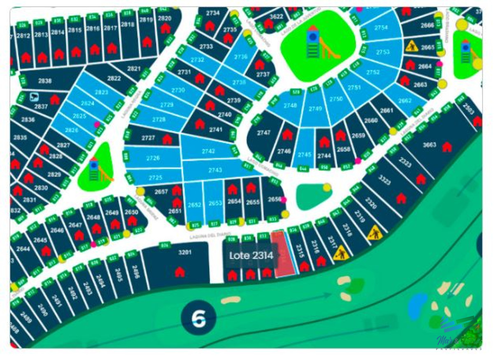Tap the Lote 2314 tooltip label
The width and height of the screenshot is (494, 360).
(251, 256)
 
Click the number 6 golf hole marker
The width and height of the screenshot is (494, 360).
(199, 318)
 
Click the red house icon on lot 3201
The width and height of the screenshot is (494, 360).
(179, 272)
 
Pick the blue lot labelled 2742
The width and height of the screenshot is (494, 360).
(209, 152)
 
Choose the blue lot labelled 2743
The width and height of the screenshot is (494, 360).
(215, 170)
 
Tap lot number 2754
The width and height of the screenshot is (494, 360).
(381, 28)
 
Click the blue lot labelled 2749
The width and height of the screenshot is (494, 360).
(315, 109)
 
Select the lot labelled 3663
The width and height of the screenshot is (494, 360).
(429, 145)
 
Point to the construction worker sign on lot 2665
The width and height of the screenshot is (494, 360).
(411, 46)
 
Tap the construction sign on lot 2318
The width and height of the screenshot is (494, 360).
(375, 233)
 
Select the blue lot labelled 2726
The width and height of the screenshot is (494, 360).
(153, 158)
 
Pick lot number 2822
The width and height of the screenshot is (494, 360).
(114, 78)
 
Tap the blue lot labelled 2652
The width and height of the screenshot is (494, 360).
(194, 205)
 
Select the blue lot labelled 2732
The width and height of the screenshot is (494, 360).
(198, 60)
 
